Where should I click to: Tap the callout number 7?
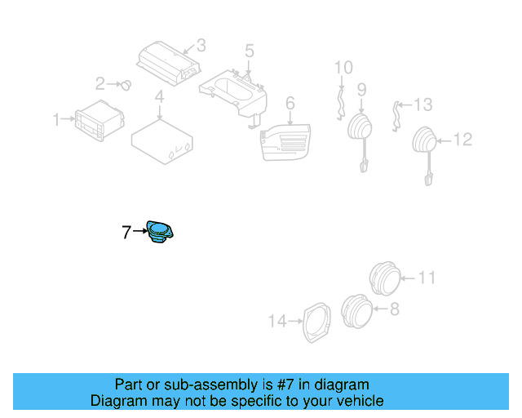click(x=126, y=233)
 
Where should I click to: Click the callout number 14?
click(x=278, y=322)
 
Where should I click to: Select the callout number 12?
click(x=462, y=140)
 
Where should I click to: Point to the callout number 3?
click(x=201, y=46)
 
